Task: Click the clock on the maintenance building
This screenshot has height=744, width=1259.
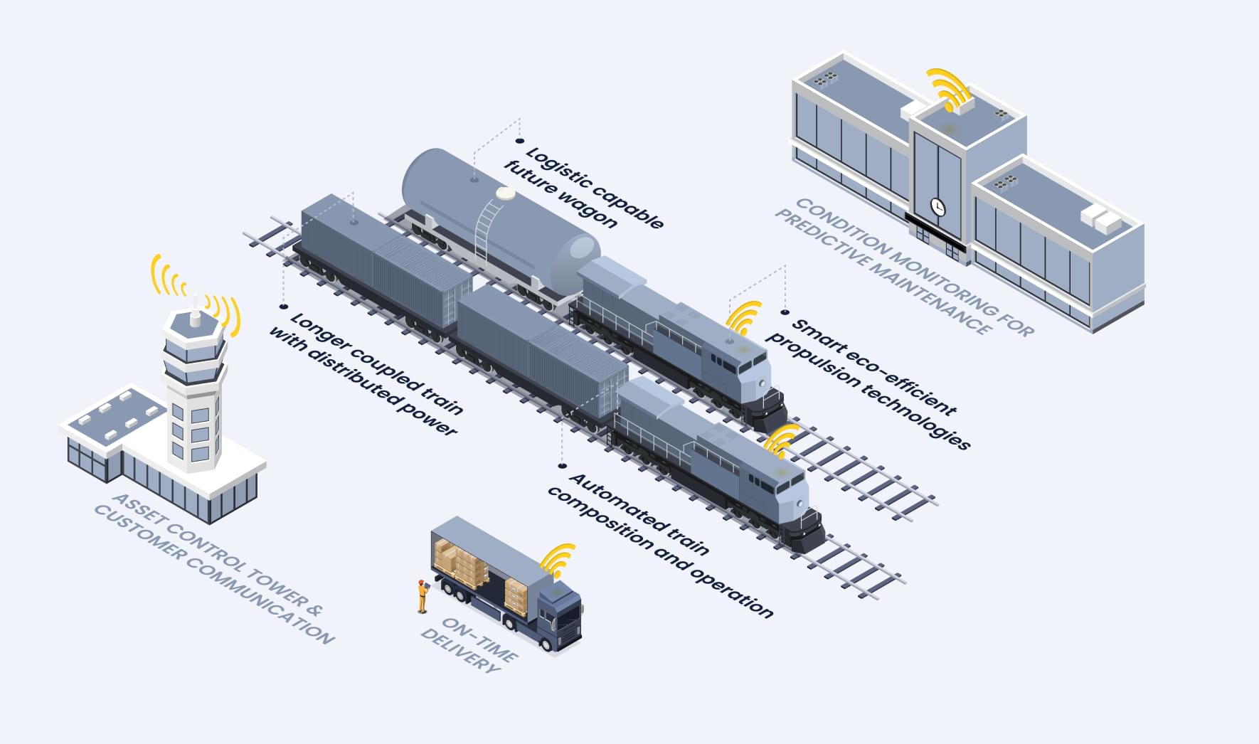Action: click(x=938, y=207)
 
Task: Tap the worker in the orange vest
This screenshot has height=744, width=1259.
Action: click(x=423, y=596)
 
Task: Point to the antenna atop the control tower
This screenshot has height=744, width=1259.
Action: click(x=195, y=306)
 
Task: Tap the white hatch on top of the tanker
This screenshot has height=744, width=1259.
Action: click(x=506, y=193)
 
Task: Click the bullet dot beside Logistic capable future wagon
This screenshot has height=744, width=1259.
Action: click(x=519, y=142)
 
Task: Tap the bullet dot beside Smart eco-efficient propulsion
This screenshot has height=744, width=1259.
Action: click(x=785, y=312)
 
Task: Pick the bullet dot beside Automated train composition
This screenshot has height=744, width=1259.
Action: click(x=562, y=467)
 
